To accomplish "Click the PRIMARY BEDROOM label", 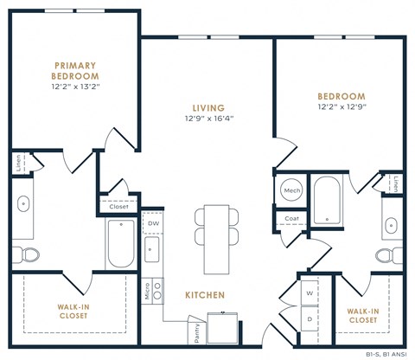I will pos(76,70).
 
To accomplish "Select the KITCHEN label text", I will pos(205,295).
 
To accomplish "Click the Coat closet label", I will pos(291,218).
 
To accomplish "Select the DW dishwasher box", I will pos(153,222).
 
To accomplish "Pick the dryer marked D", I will pos(310,318).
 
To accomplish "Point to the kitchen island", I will pos(215,238).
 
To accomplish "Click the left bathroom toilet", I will pos(30,255).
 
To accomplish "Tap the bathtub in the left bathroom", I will pos(120,243).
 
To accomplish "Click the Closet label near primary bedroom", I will pos(118,206).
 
